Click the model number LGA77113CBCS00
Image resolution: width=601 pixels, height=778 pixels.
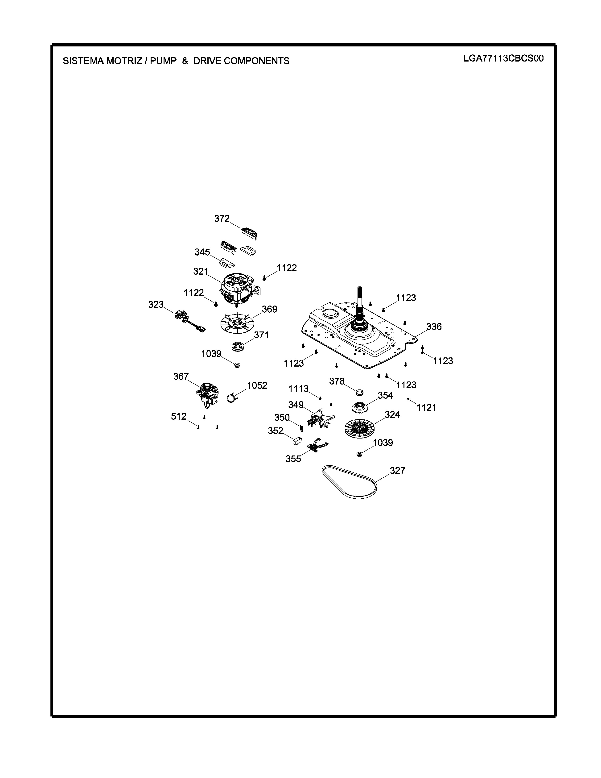tap(503, 58)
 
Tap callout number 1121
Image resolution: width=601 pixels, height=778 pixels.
tap(427, 408)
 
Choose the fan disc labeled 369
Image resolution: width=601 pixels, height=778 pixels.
tap(236, 322)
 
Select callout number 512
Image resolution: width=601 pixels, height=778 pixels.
tap(178, 416)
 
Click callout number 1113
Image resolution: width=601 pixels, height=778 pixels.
tap(298, 389)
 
